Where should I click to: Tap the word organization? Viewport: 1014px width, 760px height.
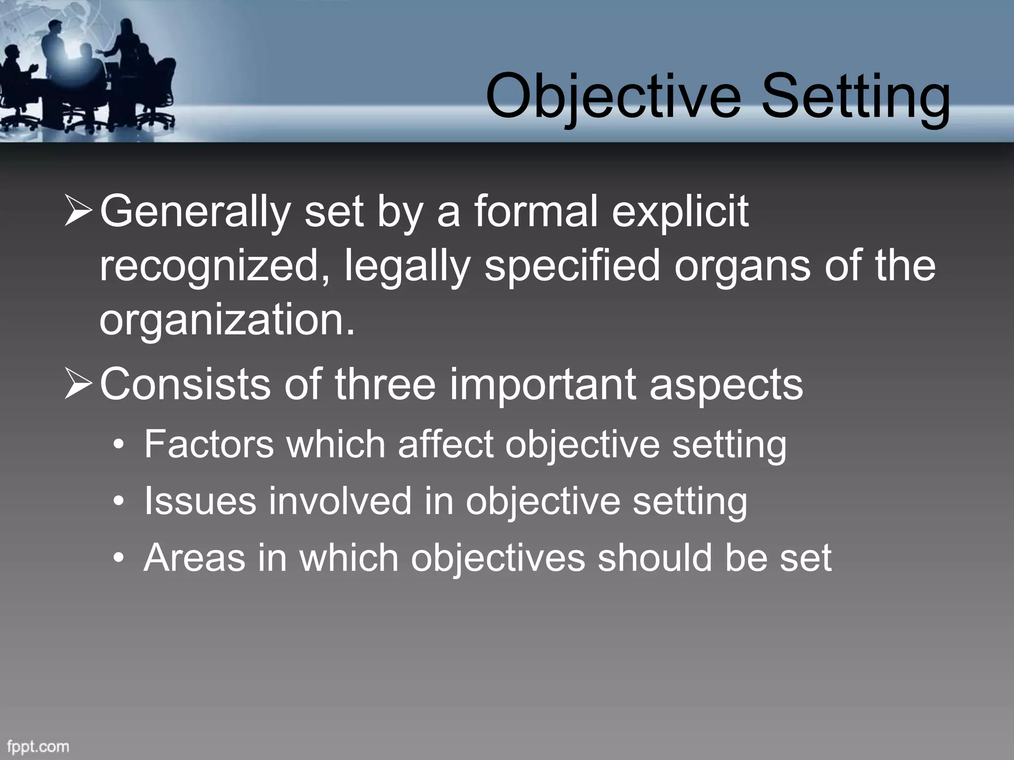click(227, 320)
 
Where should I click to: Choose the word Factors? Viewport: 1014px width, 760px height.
click(208, 444)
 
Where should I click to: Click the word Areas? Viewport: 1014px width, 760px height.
click(194, 558)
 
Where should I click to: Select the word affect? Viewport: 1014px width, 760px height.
click(445, 444)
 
